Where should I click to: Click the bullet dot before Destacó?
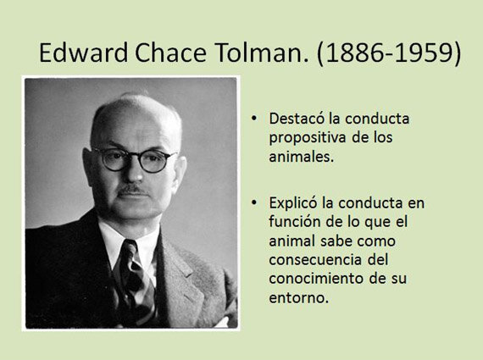(x=255, y=119)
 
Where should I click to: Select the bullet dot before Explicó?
(x=255, y=204)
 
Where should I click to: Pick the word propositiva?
(x=304, y=138)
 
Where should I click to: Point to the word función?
(x=292, y=222)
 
